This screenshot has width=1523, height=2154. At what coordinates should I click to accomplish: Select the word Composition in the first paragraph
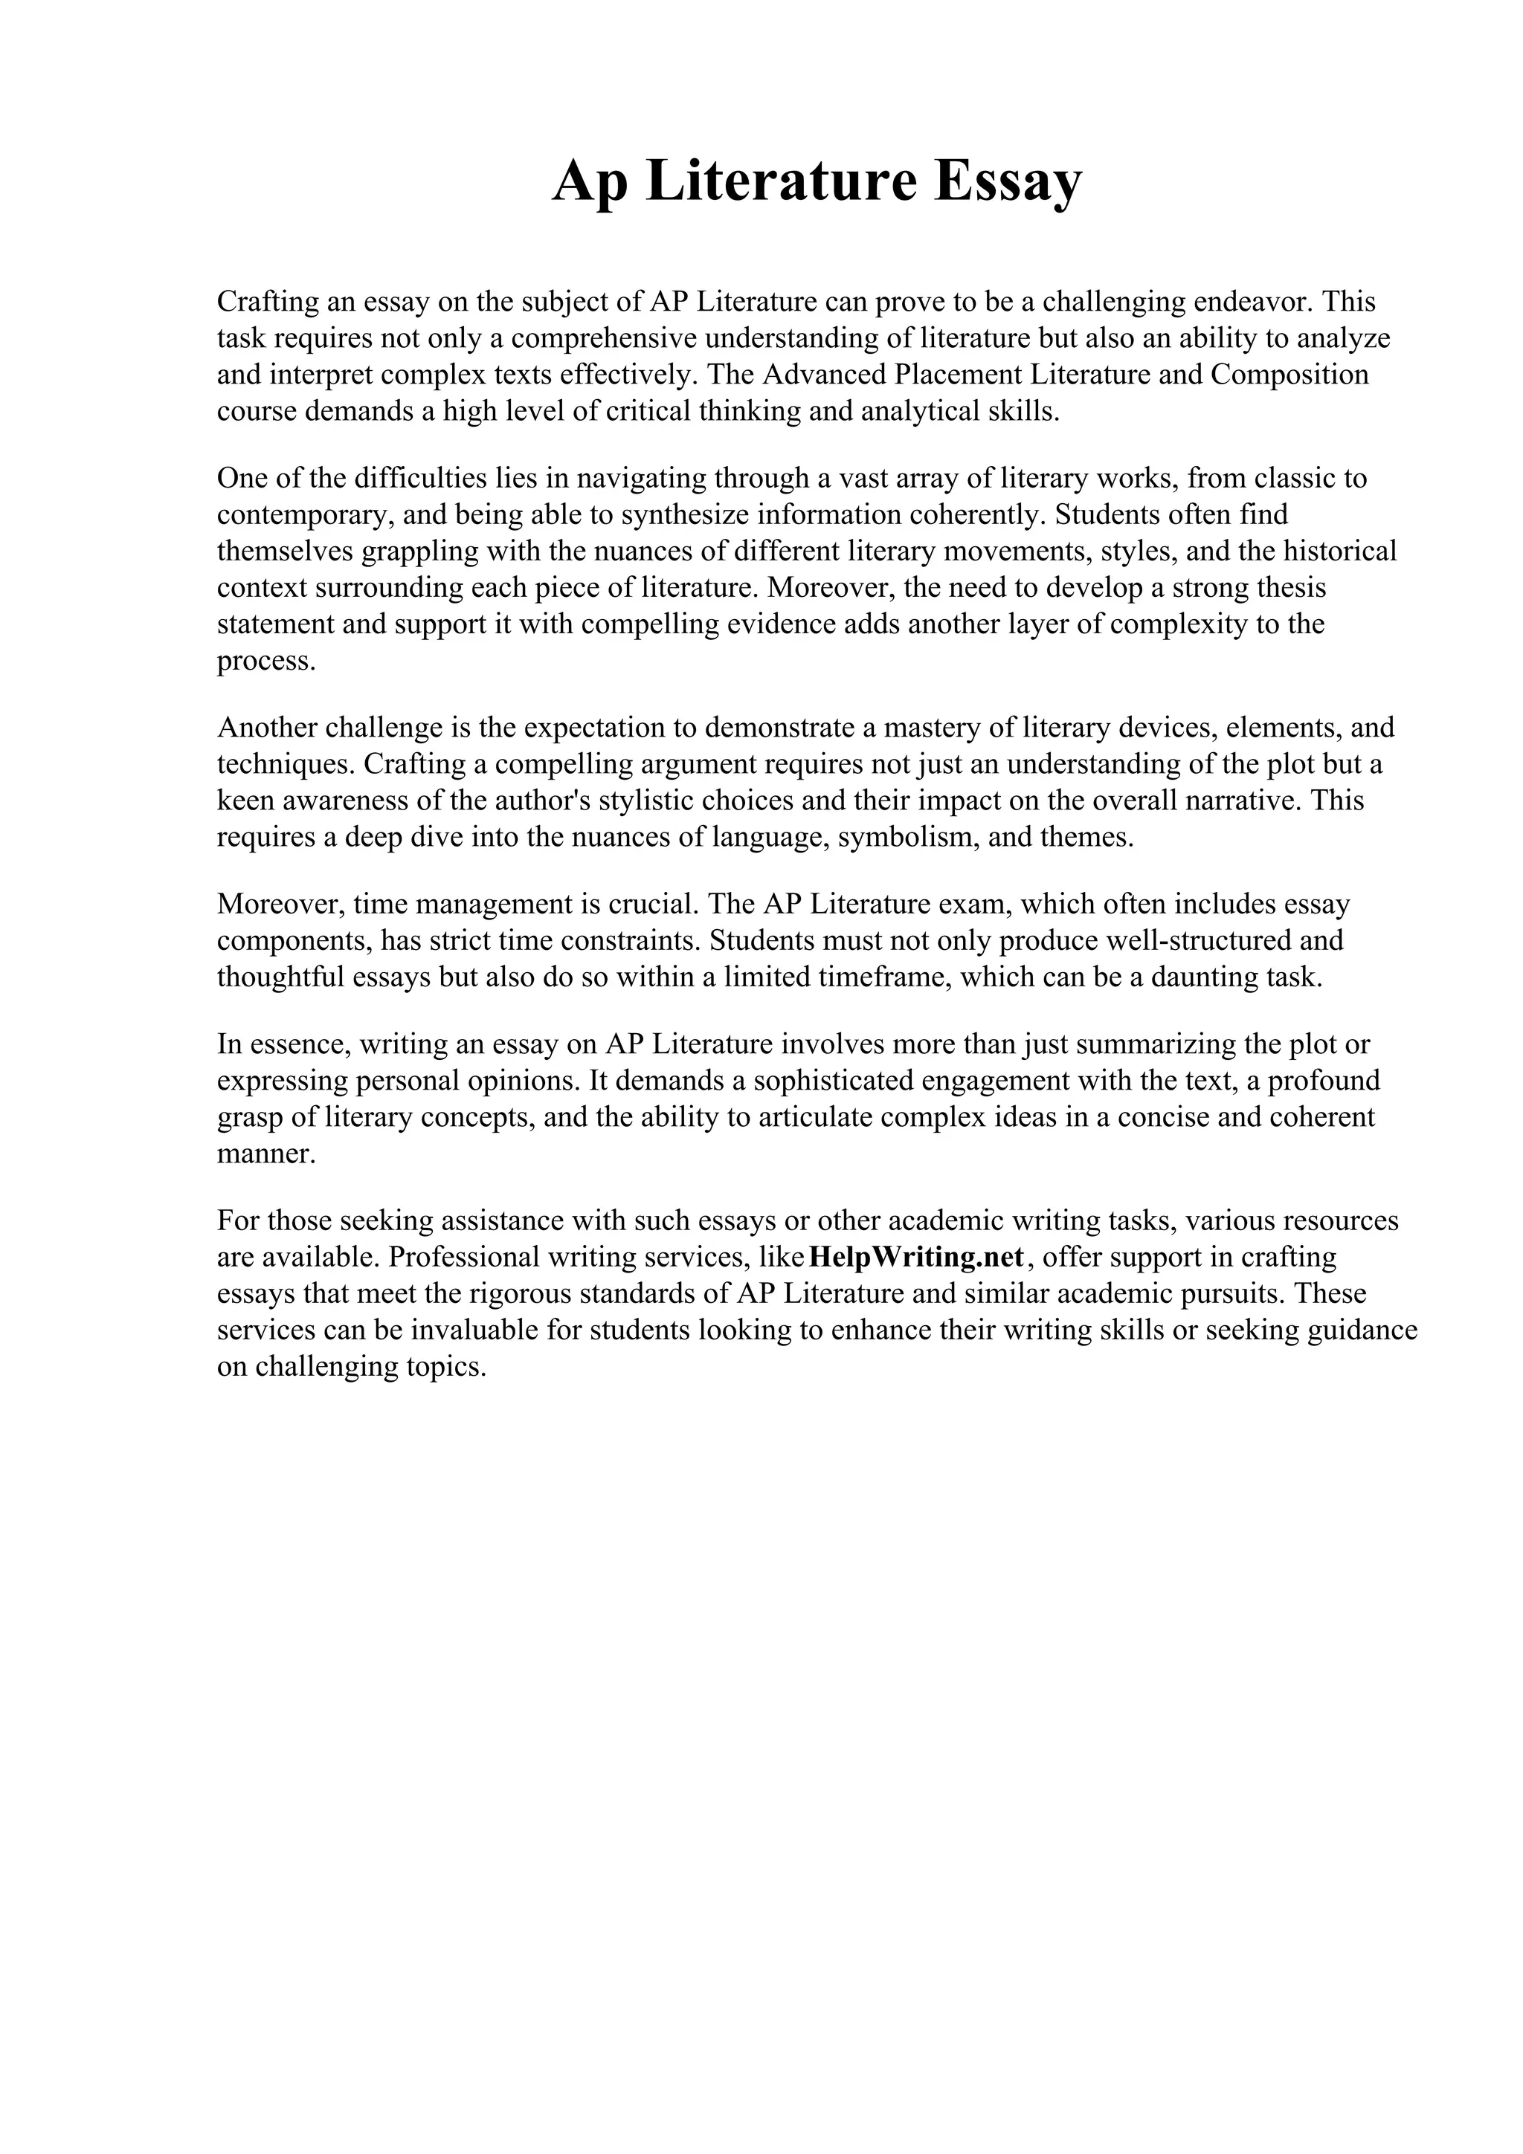coord(1289,375)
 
